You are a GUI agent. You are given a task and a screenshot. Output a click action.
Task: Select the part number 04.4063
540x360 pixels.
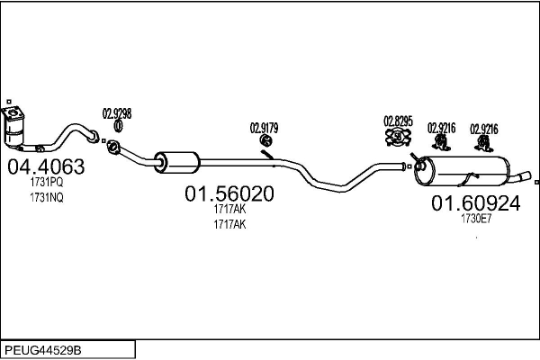point(46,166)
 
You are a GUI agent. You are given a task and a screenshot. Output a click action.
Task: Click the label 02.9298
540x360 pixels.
point(117,113)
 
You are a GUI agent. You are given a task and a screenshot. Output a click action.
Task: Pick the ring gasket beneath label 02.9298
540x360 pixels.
point(117,126)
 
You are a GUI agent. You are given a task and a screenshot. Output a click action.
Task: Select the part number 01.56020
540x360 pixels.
point(229,193)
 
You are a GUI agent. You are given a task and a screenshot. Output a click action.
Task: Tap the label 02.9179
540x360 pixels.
point(265,128)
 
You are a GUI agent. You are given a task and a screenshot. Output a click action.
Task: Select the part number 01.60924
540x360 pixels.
point(475,203)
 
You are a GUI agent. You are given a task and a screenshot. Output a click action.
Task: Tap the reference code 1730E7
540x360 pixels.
point(475,219)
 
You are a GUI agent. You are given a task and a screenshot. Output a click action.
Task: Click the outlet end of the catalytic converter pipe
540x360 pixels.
point(93,137)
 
